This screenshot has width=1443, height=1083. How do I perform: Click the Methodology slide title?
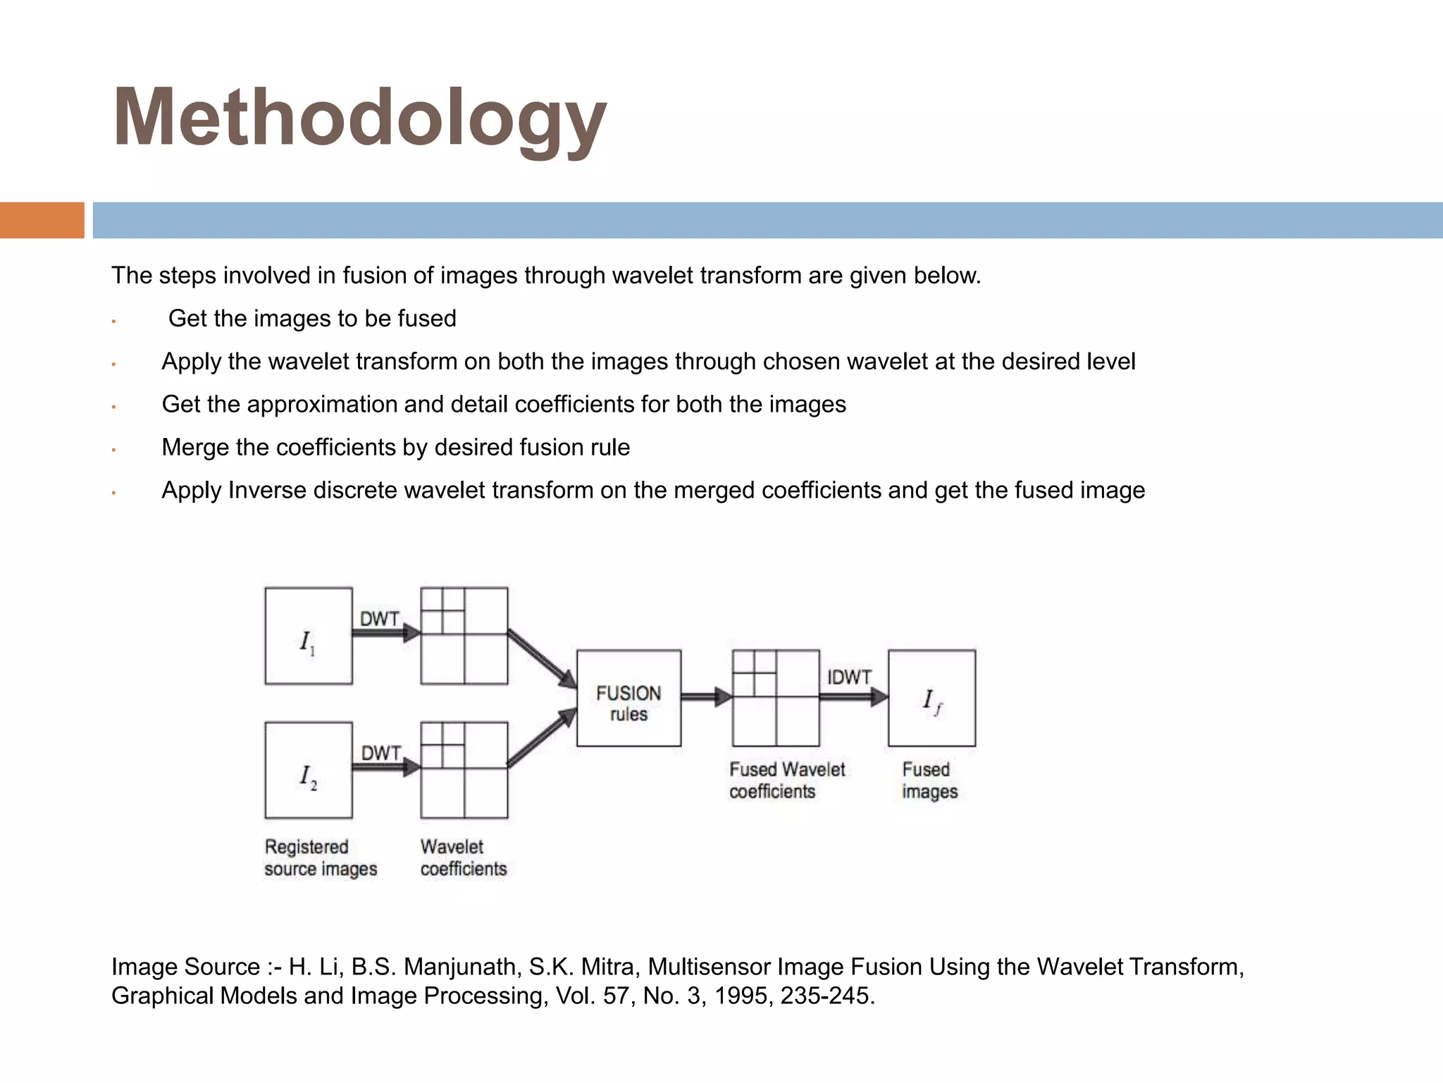359,118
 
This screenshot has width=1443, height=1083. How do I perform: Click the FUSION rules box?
628,698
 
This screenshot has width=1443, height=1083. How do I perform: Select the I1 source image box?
309,636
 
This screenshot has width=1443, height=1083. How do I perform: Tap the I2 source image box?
309,770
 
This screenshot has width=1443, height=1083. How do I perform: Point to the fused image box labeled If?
931,698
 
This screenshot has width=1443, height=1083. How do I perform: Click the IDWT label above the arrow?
849,677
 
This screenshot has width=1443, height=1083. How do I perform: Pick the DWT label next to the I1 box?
380,619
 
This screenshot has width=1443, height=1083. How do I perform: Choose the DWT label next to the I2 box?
381,753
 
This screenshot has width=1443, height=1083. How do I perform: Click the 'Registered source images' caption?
321,857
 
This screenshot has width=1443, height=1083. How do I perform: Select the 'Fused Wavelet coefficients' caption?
786,780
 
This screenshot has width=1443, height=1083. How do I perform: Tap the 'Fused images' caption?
929,780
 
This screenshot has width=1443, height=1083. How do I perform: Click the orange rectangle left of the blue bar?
42,220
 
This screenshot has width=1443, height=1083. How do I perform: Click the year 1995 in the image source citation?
741,996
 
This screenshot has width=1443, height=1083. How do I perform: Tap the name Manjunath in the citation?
462,967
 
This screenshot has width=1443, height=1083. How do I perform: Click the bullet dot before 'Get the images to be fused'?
113,322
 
